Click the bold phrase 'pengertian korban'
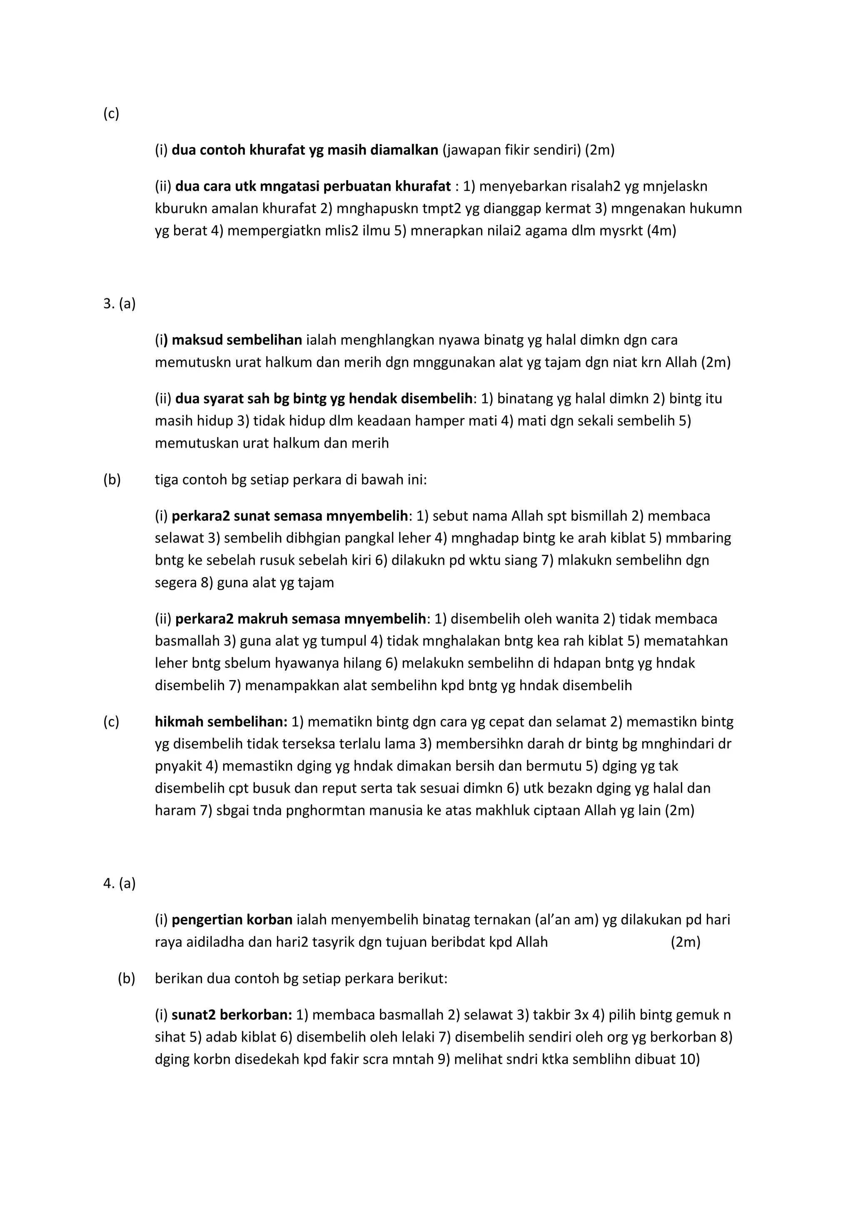pyautogui.click(x=232, y=919)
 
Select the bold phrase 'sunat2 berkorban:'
pyautogui.click(x=232, y=1014)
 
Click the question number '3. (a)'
pyautogui.click(x=119, y=303)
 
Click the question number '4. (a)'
pyautogui.click(x=119, y=883)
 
